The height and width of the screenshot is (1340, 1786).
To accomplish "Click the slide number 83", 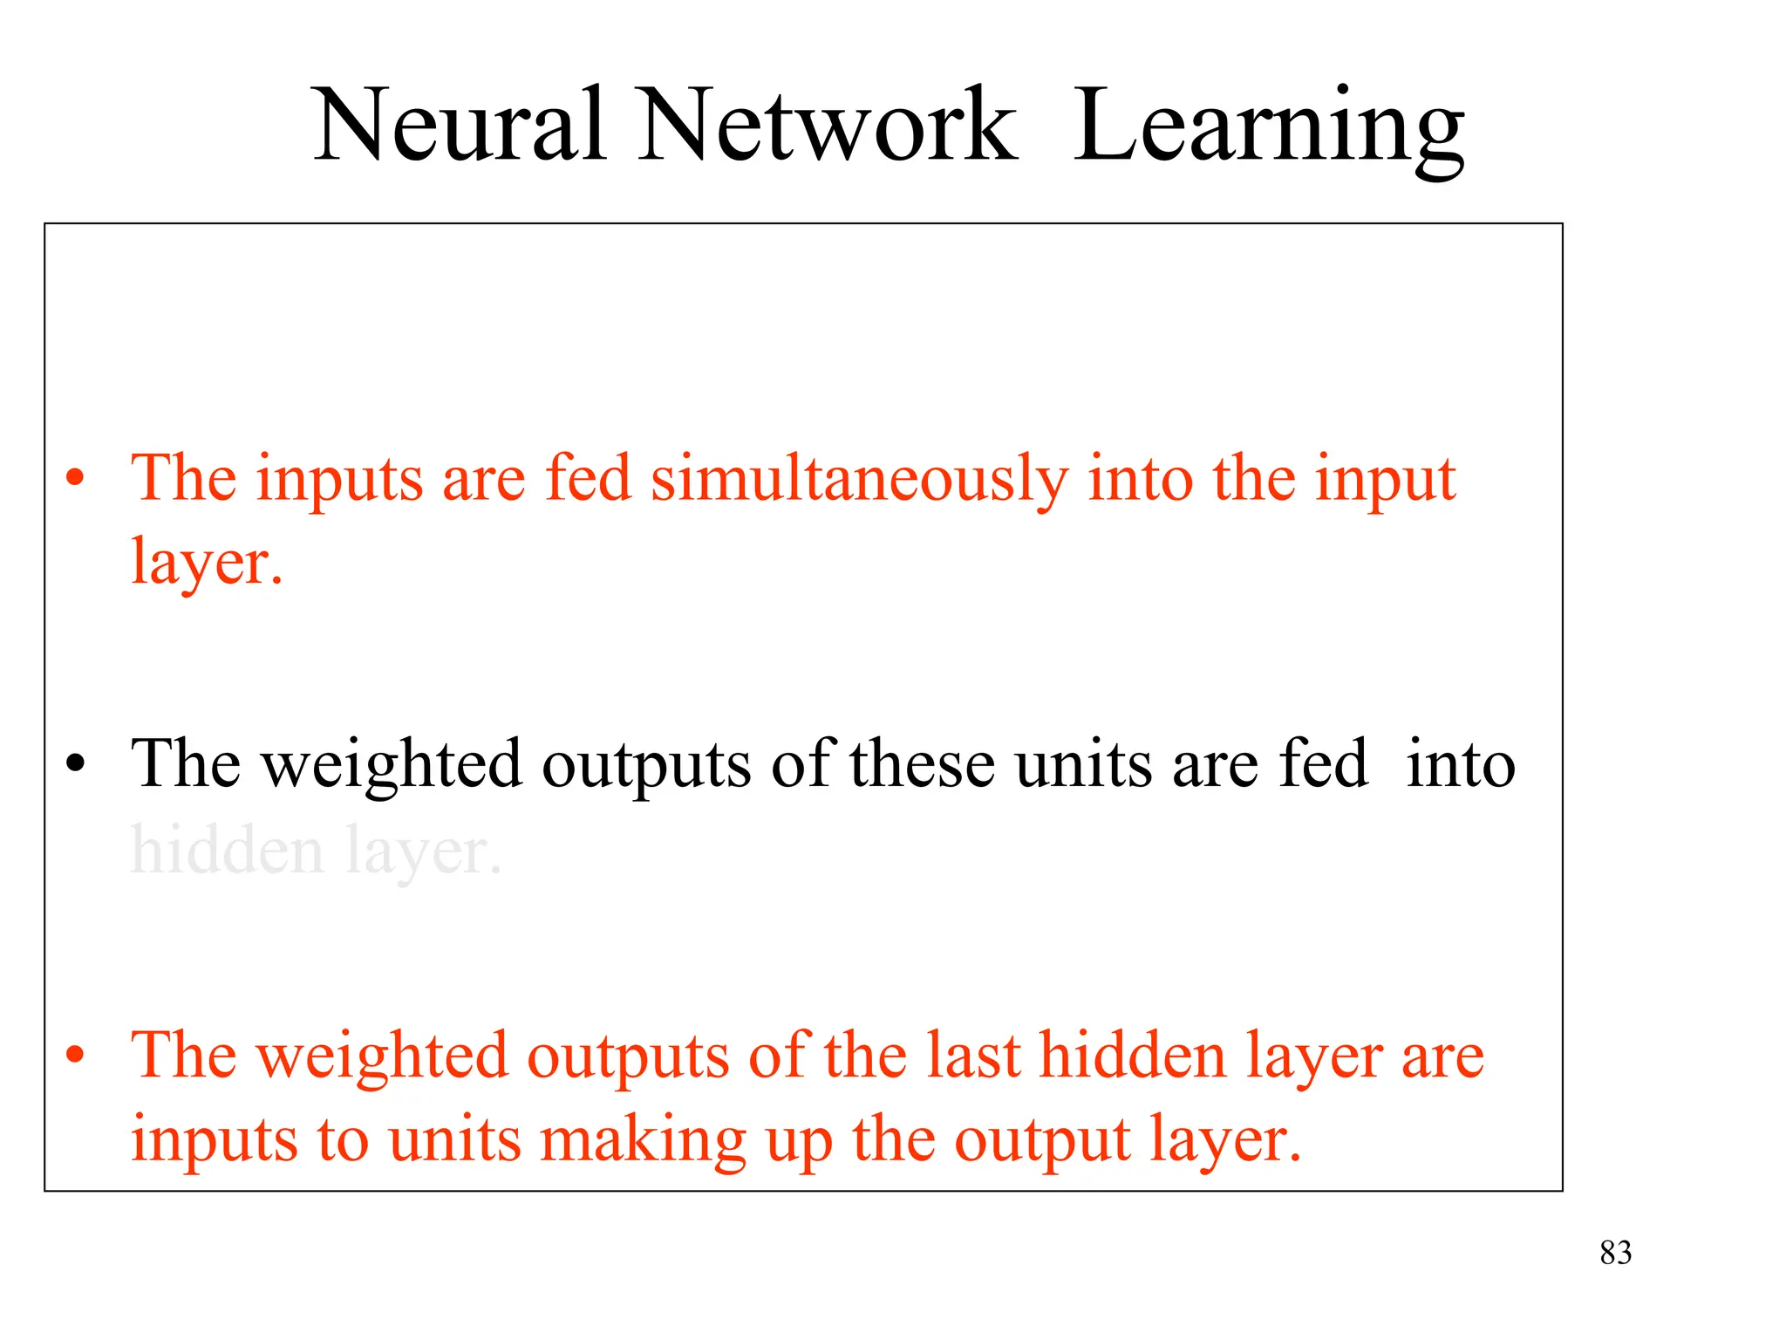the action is click(1615, 1253).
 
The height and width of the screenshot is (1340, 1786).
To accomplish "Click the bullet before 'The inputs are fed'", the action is click(76, 478).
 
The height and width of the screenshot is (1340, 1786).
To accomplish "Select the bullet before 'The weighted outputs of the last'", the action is click(76, 1055).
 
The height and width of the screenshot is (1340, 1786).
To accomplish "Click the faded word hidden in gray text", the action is click(226, 850).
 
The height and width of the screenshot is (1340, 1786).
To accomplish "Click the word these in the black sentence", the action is click(923, 764).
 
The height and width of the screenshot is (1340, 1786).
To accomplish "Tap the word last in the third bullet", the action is click(972, 1056).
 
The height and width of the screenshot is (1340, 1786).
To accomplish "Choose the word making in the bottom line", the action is click(644, 1141).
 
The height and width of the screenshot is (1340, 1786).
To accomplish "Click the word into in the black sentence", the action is click(1461, 764).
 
